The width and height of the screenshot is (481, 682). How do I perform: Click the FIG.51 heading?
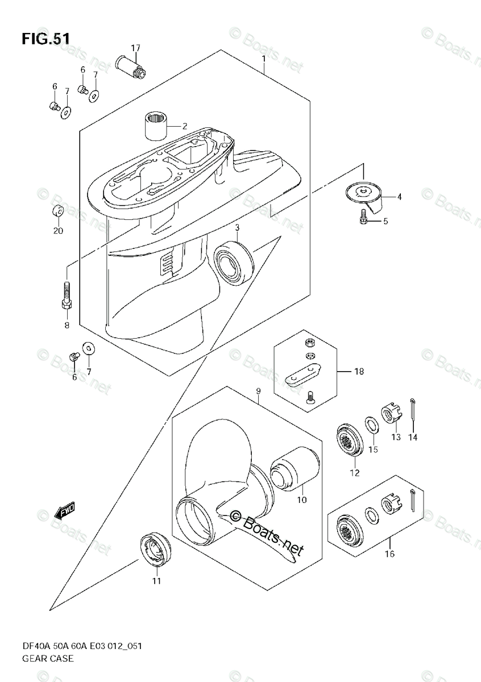[x=46, y=38]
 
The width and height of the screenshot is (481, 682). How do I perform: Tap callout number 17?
[x=135, y=47]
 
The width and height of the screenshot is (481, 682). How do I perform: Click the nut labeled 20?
[x=58, y=213]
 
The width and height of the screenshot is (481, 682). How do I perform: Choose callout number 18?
[x=359, y=372]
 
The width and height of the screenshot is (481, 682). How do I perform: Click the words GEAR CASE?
[x=48, y=659]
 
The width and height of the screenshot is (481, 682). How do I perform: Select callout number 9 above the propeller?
[x=258, y=391]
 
